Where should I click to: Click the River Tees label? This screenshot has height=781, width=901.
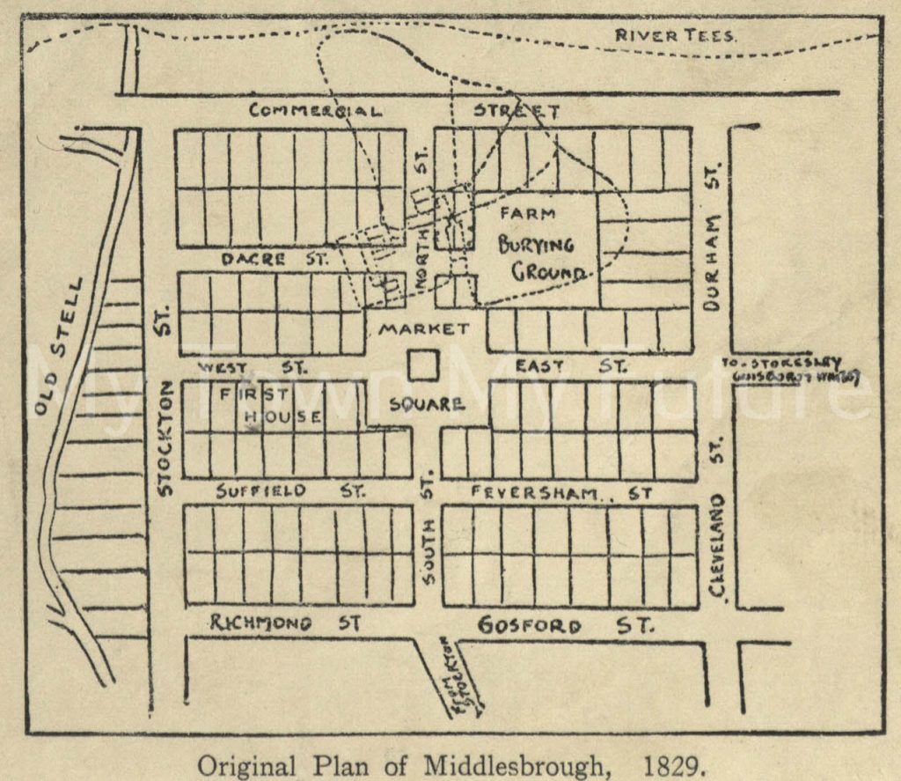(x=675, y=35)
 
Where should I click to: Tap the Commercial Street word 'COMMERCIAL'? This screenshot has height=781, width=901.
(x=316, y=111)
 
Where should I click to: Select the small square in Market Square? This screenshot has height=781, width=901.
(x=423, y=365)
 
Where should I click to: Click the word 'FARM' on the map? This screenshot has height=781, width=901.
(x=528, y=213)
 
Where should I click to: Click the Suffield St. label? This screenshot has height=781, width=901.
(x=289, y=491)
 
